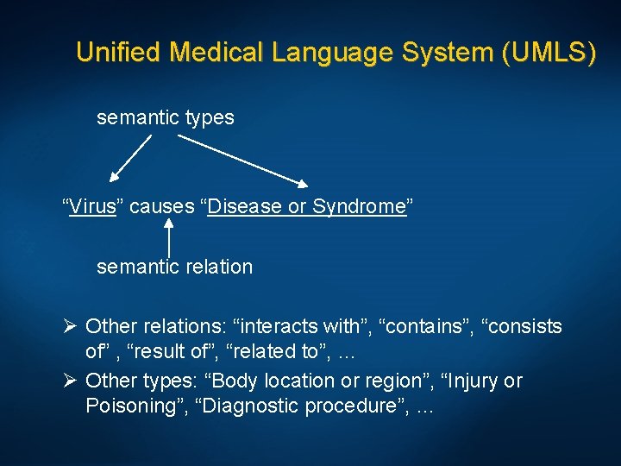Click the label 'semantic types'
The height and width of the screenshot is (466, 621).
[165, 117]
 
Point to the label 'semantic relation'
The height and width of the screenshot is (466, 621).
[174, 268]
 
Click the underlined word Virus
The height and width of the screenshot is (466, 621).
[93, 207]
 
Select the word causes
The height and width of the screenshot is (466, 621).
[160, 207]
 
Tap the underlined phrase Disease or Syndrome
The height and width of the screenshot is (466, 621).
[306, 207]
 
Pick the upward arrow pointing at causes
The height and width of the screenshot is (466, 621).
[168, 237]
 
